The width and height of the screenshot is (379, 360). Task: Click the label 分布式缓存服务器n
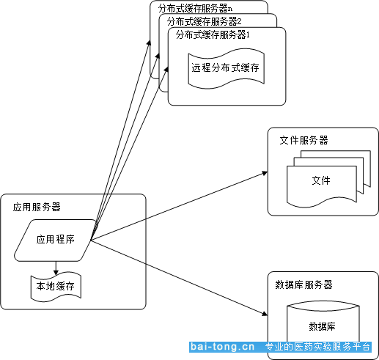(195, 9)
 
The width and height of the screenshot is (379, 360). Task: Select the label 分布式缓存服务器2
(204, 22)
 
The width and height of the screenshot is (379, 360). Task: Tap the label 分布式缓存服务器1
(213, 35)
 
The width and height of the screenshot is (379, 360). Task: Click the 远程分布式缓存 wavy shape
(226, 69)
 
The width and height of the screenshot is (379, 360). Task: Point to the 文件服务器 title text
(303, 140)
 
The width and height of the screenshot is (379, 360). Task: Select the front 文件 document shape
(322, 186)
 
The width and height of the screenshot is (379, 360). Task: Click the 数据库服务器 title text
(303, 284)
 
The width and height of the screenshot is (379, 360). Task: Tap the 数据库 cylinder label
(322, 326)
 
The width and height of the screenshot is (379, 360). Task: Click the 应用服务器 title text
(37, 207)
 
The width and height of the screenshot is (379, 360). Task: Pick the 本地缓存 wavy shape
(56, 287)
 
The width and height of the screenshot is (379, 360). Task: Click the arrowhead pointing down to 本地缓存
(56, 273)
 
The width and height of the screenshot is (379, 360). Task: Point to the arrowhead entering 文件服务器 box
(265, 173)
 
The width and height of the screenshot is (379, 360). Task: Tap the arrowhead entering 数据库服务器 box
(265, 314)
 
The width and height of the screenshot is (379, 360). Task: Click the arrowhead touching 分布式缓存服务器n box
(149, 43)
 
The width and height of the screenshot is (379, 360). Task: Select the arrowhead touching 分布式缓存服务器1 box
(166, 69)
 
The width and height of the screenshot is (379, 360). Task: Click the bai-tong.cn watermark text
(222, 347)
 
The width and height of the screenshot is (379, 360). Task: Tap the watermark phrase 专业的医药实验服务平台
(317, 347)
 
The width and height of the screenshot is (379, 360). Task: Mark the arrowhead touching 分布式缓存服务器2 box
(158, 56)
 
